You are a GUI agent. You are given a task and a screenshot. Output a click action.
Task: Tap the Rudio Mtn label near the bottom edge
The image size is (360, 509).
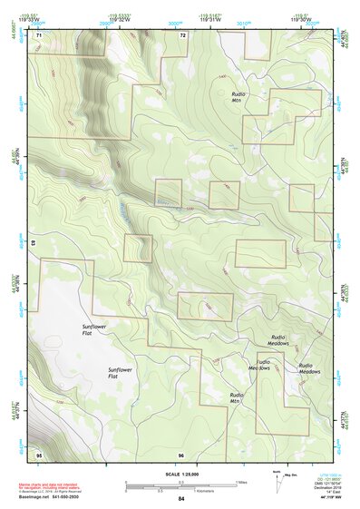click(x=237, y=398)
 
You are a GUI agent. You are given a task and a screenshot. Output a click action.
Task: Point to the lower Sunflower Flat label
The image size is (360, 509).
click(x=120, y=374)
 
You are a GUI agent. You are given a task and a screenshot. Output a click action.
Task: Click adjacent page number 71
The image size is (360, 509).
click(x=39, y=35)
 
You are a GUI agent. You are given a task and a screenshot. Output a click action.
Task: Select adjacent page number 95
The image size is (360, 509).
click(x=39, y=454)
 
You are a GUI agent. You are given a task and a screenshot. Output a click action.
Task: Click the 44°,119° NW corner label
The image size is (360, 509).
click(x=323, y=498)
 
